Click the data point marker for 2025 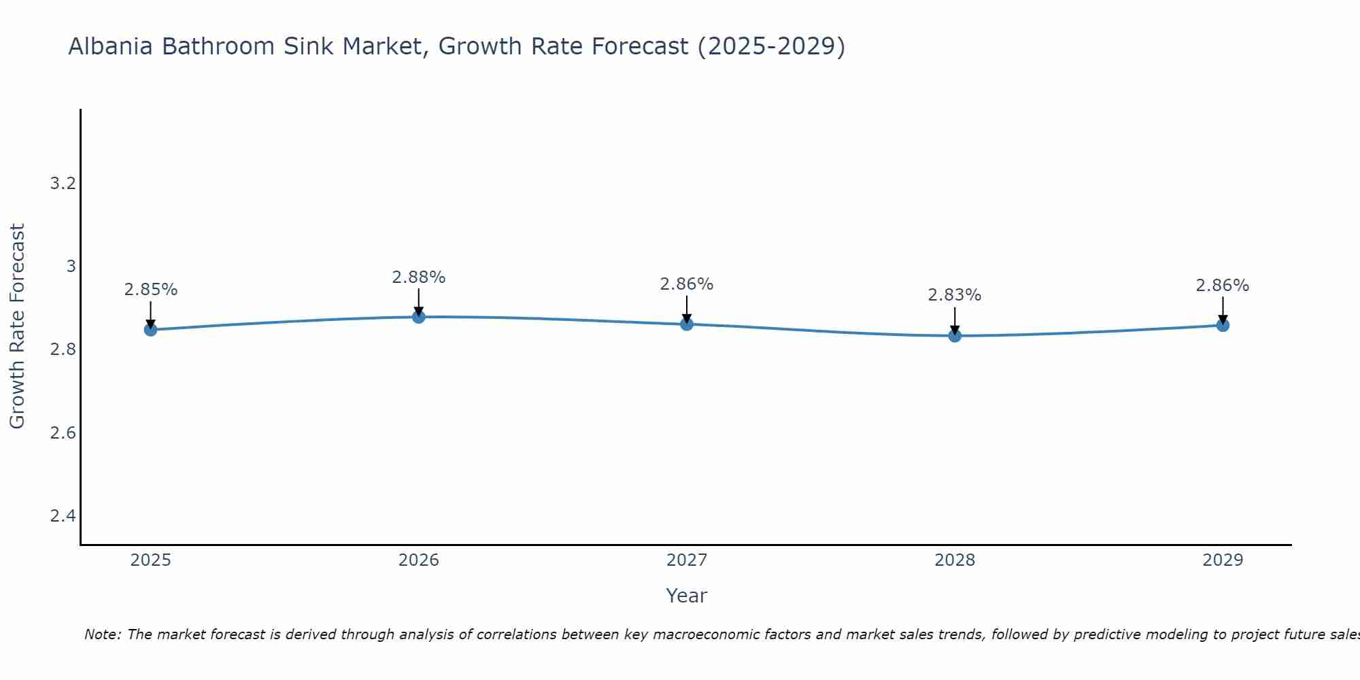click(150, 330)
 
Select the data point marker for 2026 click(418, 317)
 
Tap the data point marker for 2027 click(687, 324)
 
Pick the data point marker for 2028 click(955, 335)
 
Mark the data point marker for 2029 click(1223, 325)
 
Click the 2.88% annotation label click(418, 277)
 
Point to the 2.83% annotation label click(955, 295)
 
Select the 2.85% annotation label click(150, 290)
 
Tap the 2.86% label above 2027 click(687, 284)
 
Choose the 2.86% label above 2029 click(1223, 286)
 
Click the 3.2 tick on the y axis click(63, 183)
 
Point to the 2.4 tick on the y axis click(63, 516)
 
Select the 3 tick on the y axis click(71, 266)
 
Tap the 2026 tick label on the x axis click(418, 560)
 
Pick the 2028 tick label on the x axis click(955, 560)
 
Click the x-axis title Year click(687, 596)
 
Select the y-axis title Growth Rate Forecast click(17, 326)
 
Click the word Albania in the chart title click(111, 47)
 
